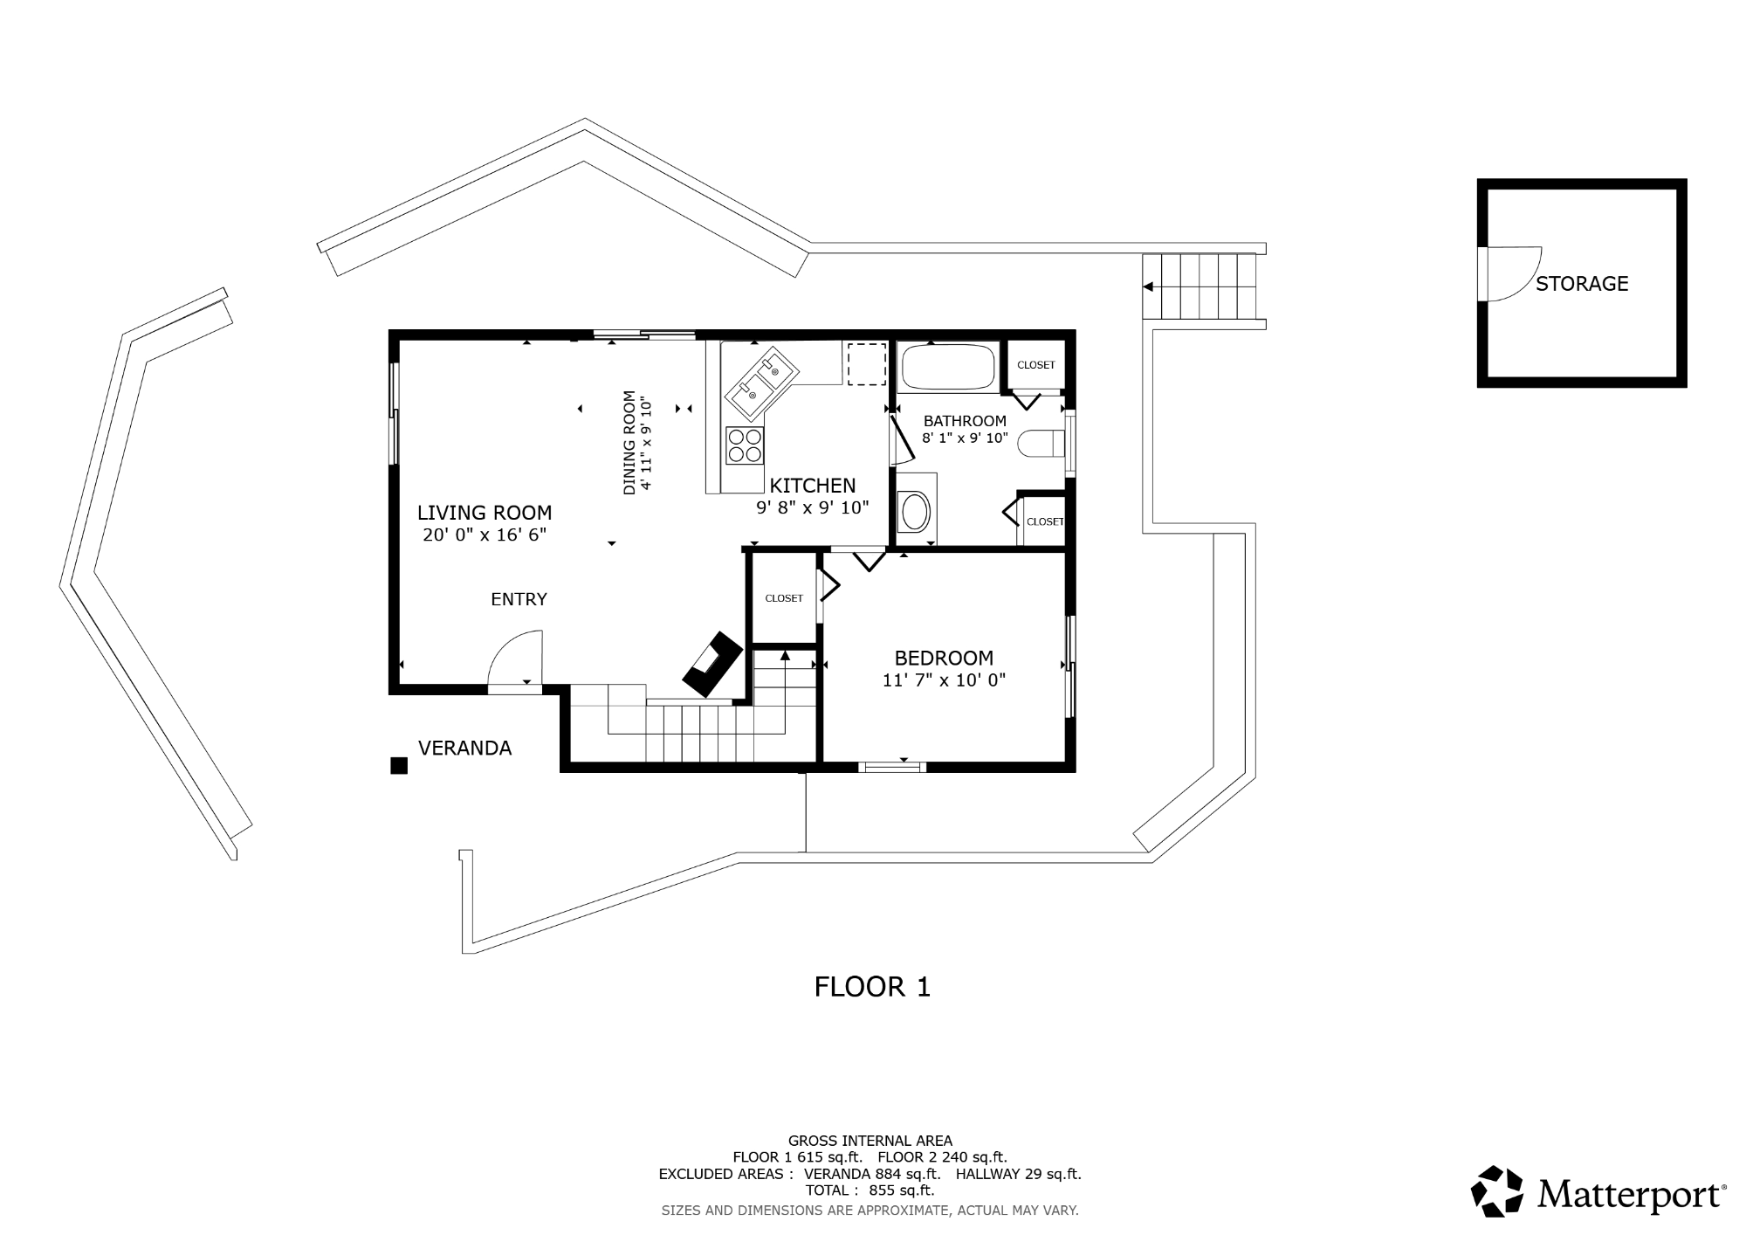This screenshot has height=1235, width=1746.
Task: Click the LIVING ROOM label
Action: [485, 513]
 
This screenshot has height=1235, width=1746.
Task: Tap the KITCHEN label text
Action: [812, 486]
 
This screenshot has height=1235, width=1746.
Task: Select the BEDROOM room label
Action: [944, 658]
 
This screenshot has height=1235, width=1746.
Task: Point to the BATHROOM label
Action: [965, 421]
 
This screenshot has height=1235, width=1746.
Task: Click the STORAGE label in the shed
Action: [1582, 284]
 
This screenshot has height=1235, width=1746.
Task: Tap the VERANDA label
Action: [464, 748]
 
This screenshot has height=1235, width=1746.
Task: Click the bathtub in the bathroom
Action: [947, 367]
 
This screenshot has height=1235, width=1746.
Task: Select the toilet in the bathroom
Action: [1043, 444]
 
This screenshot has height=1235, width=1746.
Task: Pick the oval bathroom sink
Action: [915, 512]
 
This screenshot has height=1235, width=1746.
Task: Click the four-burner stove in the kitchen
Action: [745, 445]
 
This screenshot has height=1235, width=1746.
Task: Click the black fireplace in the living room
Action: [712, 664]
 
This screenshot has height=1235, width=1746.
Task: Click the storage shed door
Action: [1510, 273]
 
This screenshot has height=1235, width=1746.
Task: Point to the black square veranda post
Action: [399, 765]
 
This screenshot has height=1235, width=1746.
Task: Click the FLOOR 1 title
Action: [872, 987]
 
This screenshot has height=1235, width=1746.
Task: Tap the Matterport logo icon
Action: [1498, 1190]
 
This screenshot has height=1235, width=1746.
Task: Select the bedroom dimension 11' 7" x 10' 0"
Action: [944, 680]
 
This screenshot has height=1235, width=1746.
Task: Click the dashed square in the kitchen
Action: [867, 364]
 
